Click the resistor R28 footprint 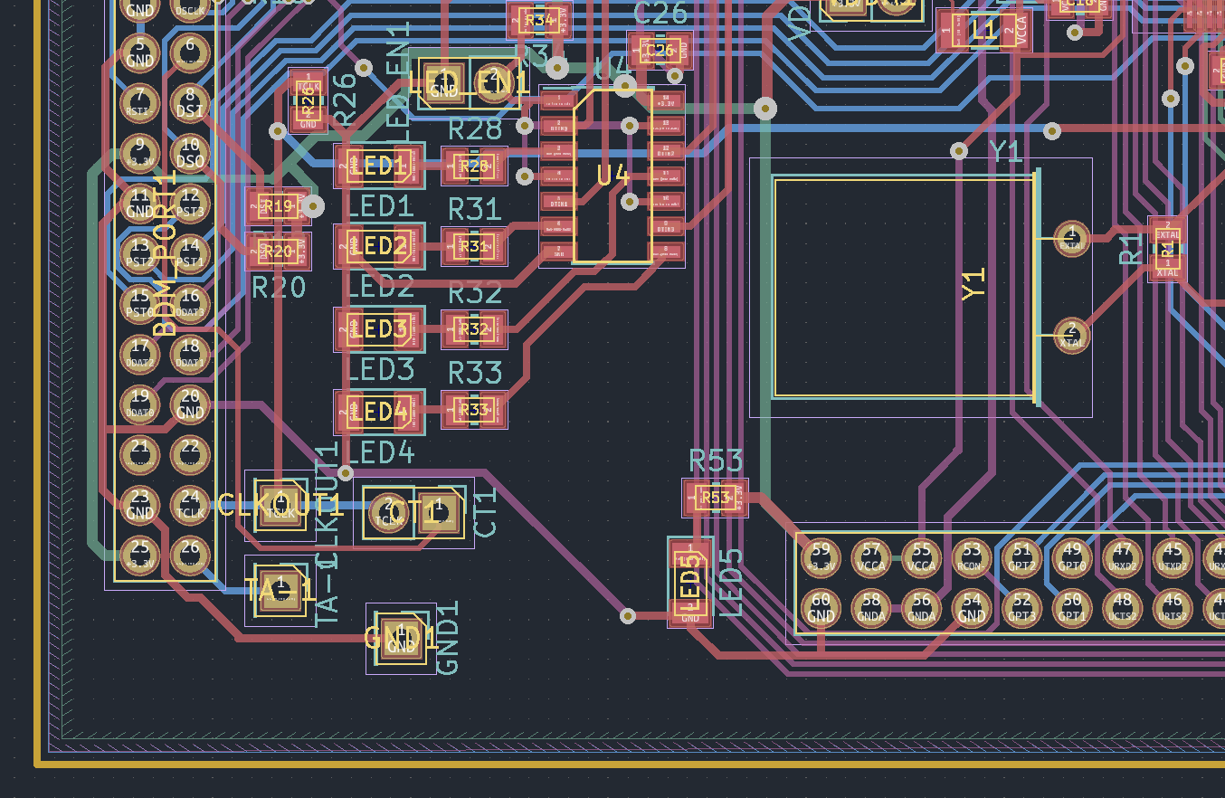click(474, 166)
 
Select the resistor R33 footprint click(474, 410)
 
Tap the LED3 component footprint click(379, 328)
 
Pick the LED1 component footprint click(379, 166)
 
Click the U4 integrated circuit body click(612, 176)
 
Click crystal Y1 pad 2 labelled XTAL click(1072, 336)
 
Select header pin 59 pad click(821, 556)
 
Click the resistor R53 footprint click(715, 498)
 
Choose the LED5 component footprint click(690, 582)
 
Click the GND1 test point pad click(401, 639)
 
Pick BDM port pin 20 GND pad click(190, 404)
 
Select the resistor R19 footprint click(278, 206)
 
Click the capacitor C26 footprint click(660, 51)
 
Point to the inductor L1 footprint click(983, 31)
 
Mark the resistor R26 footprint click(308, 100)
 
